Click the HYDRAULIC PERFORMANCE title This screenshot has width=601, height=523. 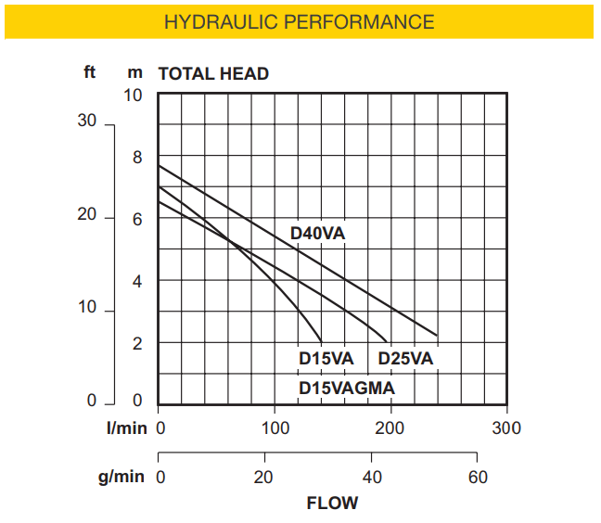click(299, 21)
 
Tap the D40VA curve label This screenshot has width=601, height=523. click(317, 234)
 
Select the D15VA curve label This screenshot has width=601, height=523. click(326, 359)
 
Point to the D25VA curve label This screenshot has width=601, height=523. click(405, 359)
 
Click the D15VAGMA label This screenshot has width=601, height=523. click(347, 388)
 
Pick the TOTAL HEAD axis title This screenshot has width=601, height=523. click(213, 74)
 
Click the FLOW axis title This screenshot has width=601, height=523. click(332, 504)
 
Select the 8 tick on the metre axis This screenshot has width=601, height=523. click(137, 158)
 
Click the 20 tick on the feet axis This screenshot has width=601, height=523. click(87, 215)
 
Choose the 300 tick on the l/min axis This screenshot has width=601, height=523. click(506, 428)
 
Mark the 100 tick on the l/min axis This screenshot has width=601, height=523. click(275, 428)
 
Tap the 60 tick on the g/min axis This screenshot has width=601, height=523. click(477, 478)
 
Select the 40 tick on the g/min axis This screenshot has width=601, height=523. click(371, 478)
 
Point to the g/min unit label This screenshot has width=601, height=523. click(122, 478)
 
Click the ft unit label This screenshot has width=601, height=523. click(90, 71)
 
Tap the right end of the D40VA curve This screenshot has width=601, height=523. click(436, 335)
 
